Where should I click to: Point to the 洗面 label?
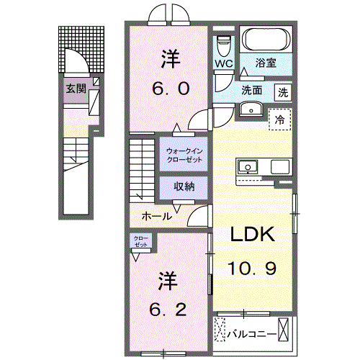(x=251, y=91)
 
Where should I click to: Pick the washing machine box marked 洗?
(x=284, y=91)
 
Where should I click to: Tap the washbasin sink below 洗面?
(x=250, y=109)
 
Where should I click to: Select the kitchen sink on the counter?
(x=249, y=167)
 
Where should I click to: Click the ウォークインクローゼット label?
(x=184, y=153)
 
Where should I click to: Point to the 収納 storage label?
(x=184, y=186)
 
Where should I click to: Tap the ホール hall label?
(x=156, y=215)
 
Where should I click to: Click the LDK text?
(x=253, y=235)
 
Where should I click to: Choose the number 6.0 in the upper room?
(x=170, y=89)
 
